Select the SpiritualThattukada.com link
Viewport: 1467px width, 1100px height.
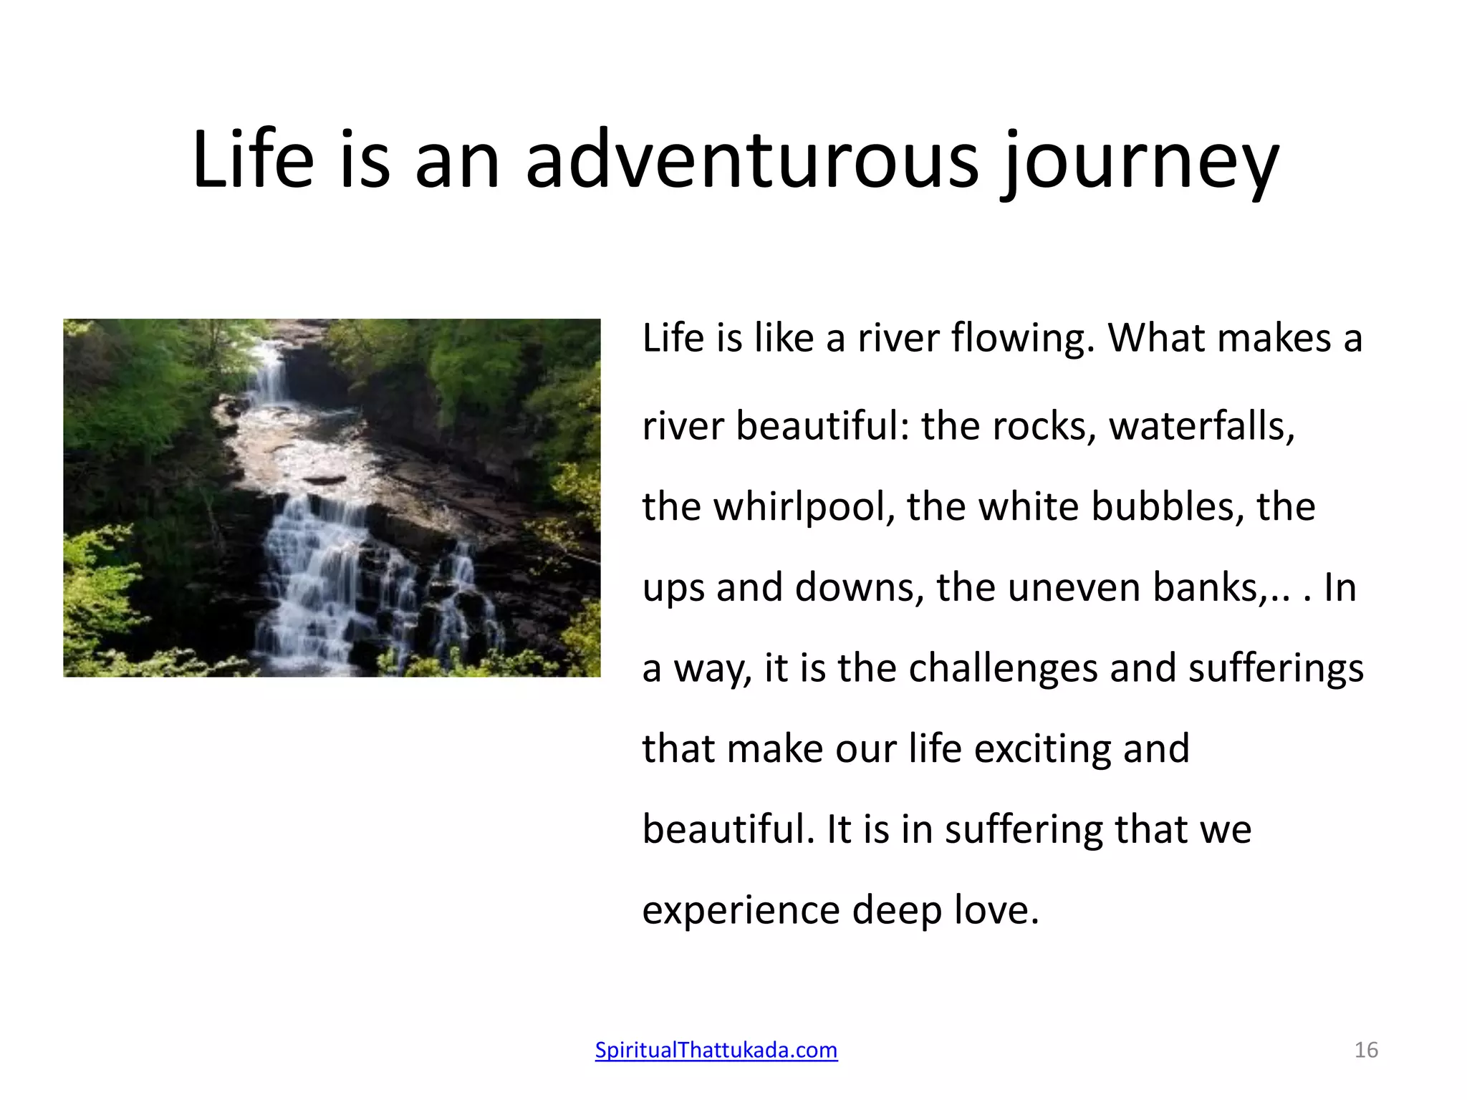point(716,1050)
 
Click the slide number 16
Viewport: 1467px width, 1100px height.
point(1366,1050)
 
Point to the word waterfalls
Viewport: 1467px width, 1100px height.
point(1201,426)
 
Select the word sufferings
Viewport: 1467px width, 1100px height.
point(1276,668)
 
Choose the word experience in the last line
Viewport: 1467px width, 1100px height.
point(741,911)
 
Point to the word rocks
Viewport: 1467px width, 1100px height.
point(1044,426)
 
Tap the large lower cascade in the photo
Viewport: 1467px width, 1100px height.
point(315,580)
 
